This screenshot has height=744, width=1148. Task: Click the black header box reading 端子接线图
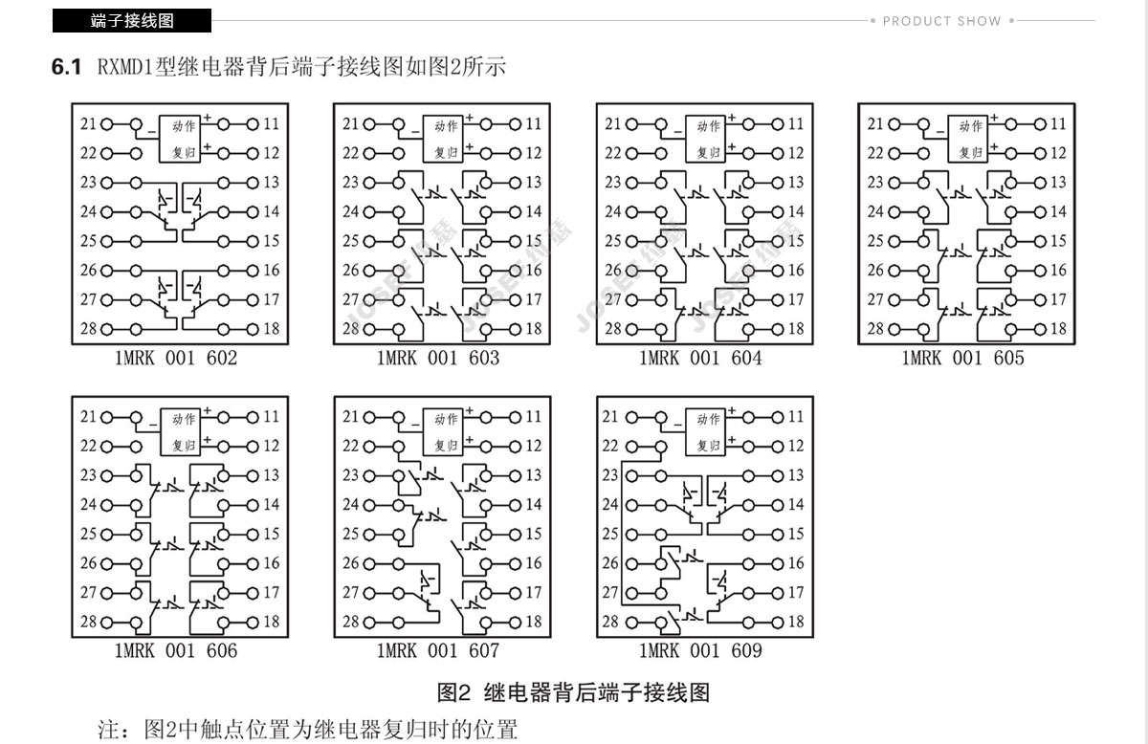pyautogui.click(x=132, y=20)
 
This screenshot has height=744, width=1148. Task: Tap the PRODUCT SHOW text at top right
pyautogui.click(x=942, y=21)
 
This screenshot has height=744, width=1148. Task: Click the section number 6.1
pyautogui.click(x=66, y=67)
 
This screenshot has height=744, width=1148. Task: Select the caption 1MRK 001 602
pyautogui.click(x=176, y=358)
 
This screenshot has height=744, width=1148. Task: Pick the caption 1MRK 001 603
pyautogui.click(x=438, y=358)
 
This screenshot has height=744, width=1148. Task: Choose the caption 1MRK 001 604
pyautogui.click(x=700, y=358)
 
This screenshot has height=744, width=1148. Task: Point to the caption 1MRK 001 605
pyautogui.click(x=962, y=358)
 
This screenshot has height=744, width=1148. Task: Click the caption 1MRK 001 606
pyautogui.click(x=176, y=650)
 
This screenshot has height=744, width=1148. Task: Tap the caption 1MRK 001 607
pyautogui.click(x=438, y=650)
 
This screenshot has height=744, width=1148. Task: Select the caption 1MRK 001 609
pyautogui.click(x=700, y=650)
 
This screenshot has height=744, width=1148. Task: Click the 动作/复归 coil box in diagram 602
pyautogui.click(x=180, y=139)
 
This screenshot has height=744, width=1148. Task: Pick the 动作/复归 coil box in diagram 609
pyautogui.click(x=706, y=432)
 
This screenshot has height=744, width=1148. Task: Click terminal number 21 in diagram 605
pyautogui.click(x=875, y=124)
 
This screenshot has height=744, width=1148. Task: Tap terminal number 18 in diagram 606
pyautogui.click(x=272, y=622)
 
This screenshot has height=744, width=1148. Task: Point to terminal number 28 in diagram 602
pyautogui.click(x=88, y=328)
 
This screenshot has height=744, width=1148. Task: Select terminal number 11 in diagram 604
pyautogui.click(x=796, y=124)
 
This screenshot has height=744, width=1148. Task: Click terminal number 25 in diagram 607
pyautogui.click(x=351, y=534)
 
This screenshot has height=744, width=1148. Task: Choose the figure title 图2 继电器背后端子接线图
pyautogui.click(x=573, y=692)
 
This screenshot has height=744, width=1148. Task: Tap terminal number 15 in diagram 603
pyautogui.click(x=534, y=241)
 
